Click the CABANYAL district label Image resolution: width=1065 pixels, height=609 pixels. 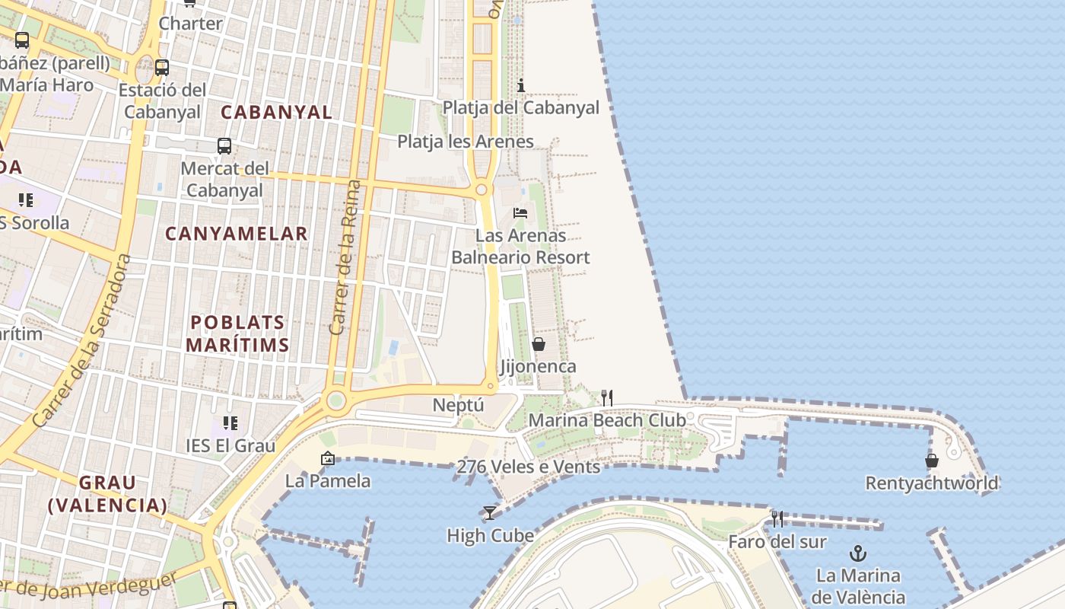point(277,113)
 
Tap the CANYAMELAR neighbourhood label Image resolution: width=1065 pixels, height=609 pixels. point(237,234)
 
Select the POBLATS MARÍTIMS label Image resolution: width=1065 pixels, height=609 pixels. point(237,333)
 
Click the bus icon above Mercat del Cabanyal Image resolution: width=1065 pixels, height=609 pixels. point(224,145)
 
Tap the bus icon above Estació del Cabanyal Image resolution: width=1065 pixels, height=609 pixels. point(162,67)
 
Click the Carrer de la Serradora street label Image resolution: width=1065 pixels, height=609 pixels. point(82,340)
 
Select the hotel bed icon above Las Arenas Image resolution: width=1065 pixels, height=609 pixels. point(520,212)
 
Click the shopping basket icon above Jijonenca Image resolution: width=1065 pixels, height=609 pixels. point(539,344)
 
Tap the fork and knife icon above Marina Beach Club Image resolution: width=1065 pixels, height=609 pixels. point(607,397)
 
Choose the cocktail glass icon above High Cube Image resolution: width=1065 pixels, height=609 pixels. point(490,513)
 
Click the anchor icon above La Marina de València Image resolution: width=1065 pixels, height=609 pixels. point(858,553)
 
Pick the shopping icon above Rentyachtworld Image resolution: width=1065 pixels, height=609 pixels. point(932,461)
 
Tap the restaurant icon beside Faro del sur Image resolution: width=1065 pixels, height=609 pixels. point(777,519)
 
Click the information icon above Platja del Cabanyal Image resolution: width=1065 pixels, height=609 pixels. point(521,85)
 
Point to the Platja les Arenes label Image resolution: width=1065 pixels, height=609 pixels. point(466,142)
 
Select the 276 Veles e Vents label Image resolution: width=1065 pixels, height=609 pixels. point(528,467)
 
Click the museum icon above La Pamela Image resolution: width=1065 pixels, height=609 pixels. point(328,458)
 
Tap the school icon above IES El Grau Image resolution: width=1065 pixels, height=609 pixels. point(230,422)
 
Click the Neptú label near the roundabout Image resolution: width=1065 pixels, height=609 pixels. point(458,405)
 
